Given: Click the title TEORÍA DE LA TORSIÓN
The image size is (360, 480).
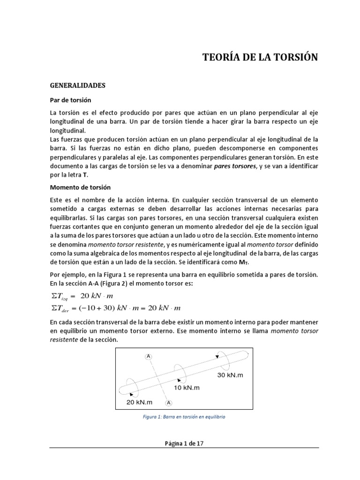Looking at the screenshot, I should [x=260, y=58].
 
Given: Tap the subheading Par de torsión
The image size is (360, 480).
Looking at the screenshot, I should [x=70, y=100].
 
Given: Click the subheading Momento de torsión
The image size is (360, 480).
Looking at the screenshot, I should [x=80, y=187].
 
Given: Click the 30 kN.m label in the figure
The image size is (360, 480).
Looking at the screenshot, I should [x=231, y=375].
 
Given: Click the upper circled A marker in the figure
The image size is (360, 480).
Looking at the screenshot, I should [x=149, y=357].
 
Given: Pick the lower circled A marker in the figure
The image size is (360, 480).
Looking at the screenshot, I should [x=169, y=402].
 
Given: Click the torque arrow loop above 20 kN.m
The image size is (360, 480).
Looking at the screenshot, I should [x=132, y=388].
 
